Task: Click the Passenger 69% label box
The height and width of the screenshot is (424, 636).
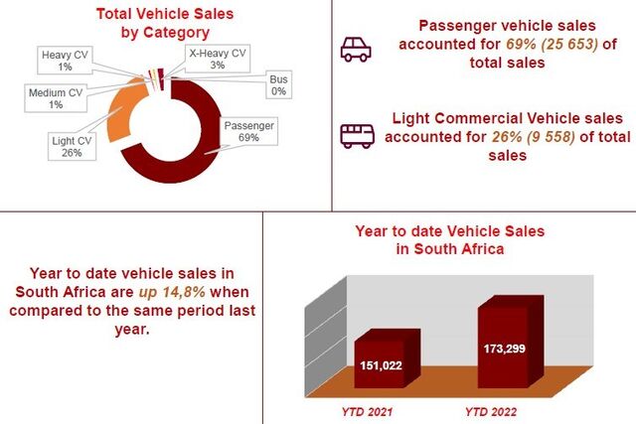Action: click(248, 131)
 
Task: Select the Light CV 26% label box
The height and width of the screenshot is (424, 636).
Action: click(72, 146)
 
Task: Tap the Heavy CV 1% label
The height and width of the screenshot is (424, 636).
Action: click(65, 61)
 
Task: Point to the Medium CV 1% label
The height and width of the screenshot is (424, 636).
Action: click(56, 98)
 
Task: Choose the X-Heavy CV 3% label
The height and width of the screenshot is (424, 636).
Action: click(218, 59)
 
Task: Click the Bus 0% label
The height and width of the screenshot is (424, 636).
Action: click(278, 85)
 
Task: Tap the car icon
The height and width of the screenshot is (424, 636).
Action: click(356, 50)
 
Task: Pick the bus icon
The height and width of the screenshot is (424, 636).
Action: click(357, 136)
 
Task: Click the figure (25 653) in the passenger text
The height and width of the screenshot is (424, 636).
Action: click(569, 44)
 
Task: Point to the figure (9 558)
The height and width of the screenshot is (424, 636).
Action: click(551, 137)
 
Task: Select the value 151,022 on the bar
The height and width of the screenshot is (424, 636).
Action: click(381, 365)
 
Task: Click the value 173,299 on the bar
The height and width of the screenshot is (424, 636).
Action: click(504, 349)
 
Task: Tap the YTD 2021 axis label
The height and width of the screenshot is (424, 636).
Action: click(367, 412)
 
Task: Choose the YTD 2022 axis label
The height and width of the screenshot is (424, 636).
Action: click(491, 412)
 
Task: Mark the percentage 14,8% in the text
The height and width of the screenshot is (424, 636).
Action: click(184, 292)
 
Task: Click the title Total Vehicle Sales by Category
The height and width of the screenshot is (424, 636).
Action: click(165, 23)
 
